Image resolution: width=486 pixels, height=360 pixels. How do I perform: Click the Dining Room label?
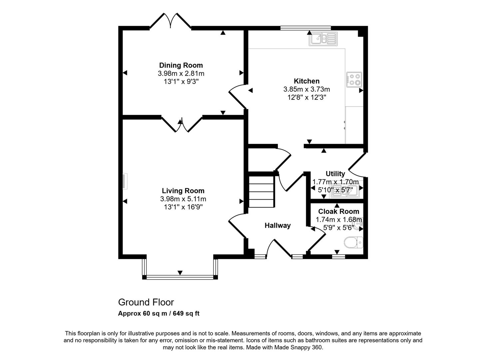pyautogui.click(x=181, y=65)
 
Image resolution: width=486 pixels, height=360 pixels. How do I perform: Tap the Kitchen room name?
pyautogui.click(x=306, y=81)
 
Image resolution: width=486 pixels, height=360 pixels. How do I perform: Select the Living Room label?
pyautogui.click(x=183, y=191)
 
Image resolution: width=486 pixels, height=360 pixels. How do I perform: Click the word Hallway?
pyautogui.click(x=277, y=225)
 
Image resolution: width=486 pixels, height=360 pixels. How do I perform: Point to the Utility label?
pyautogui.click(x=335, y=174)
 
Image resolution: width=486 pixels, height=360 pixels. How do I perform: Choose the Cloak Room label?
pyautogui.click(x=338, y=211)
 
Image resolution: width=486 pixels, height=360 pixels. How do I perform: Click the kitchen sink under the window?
pyautogui.click(x=323, y=39)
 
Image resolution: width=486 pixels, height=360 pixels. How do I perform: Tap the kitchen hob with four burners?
pyautogui.click(x=354, y=80)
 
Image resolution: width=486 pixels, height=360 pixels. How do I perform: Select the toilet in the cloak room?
pyautogui.click(x=353, y=242)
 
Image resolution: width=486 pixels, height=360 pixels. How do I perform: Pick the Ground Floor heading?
pyautogui.click(x=146, y=302)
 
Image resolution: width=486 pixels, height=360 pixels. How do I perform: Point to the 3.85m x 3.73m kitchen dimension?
pyautogui.click(x=306, y=89)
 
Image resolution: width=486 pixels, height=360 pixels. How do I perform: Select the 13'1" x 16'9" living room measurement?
pyautogui.click(x=183, y=207)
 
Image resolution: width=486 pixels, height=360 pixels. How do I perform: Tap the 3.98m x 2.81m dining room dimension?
pyautogui.click(x=181, y=73)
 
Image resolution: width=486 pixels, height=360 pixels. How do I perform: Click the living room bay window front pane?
pyautogui.click(x=180, y=277)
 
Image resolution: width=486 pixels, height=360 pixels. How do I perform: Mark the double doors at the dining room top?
pyautogui.click(x=170, y=21)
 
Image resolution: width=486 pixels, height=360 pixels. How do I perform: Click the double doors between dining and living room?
pyautogui.click(x=182, y=124)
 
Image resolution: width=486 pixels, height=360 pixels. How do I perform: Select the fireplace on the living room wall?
pyautogui.click(x=125, y=181)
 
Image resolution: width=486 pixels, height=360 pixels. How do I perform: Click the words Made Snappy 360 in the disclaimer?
pyautogui.click(x=298, y=347)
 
